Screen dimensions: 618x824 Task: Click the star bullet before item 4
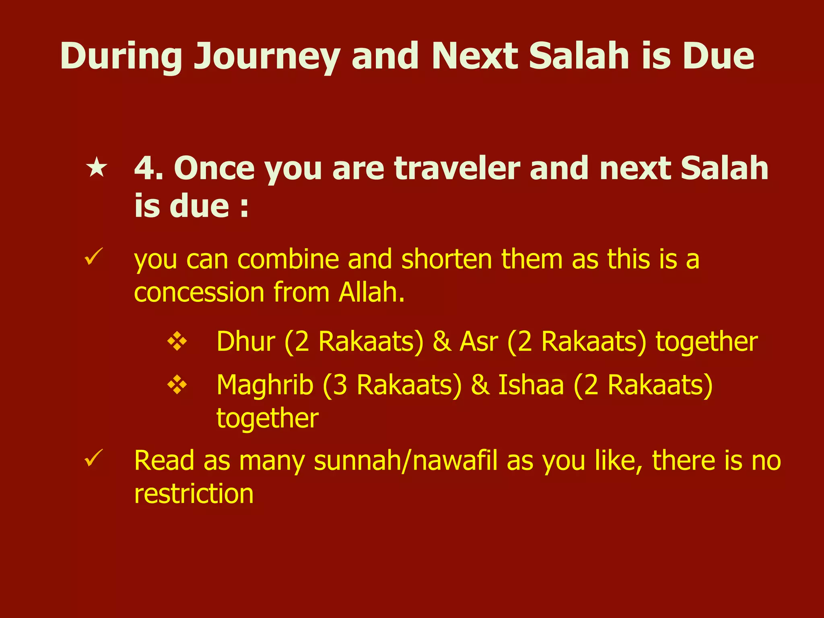97,168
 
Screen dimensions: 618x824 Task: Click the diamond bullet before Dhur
177,342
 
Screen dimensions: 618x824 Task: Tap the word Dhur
246,342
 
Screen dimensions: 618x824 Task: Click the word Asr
479,342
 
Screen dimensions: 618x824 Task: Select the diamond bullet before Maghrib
177,385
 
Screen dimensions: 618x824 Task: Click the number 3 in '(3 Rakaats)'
340,385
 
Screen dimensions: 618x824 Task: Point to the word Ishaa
531,385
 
